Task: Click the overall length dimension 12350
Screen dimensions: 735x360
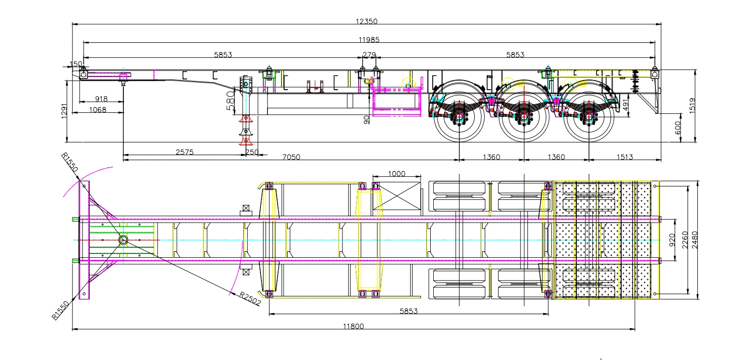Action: tap(367, 21)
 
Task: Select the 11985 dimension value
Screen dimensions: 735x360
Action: tap(369, 40)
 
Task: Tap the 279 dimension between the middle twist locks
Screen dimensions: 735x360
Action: tap(369, 54)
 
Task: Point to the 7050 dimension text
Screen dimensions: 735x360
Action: tap(291, 157)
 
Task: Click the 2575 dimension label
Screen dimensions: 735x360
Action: tap(185, 152)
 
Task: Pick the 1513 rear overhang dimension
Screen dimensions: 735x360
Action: tap(625, 157)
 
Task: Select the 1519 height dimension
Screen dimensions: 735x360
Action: tap(692, 106)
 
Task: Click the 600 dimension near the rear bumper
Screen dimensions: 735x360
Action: tap(678, 128)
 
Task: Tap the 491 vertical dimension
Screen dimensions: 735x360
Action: tap(626, 105)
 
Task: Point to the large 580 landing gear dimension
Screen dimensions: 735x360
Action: tap(230, 101)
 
